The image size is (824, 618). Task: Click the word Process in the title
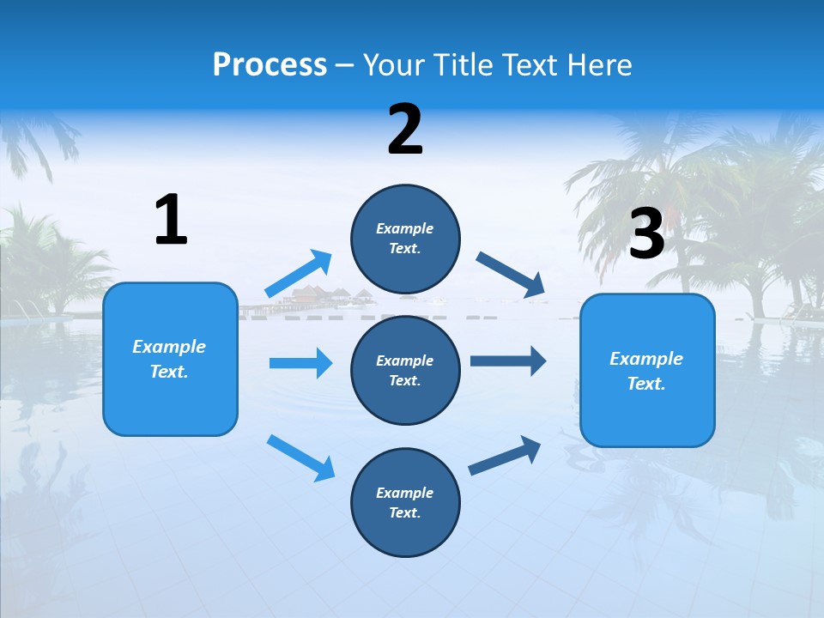[x=270, y=65]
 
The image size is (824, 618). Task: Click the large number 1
[x=171, y=221]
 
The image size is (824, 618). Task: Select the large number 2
[x=405, y=130]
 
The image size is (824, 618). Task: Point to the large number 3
[x=646, y=233]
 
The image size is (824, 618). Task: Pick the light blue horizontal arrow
[x=300, y=363]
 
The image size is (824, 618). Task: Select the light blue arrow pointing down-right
[x=300, y=457]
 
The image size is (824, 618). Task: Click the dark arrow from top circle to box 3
[x=511, y=275]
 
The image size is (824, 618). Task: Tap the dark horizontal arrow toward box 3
[x=507, y=360]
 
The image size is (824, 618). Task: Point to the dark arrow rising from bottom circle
[x=505, y=456]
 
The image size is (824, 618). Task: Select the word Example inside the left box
[x=169, y=347]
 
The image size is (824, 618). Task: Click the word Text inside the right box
[x=646, y=384]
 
